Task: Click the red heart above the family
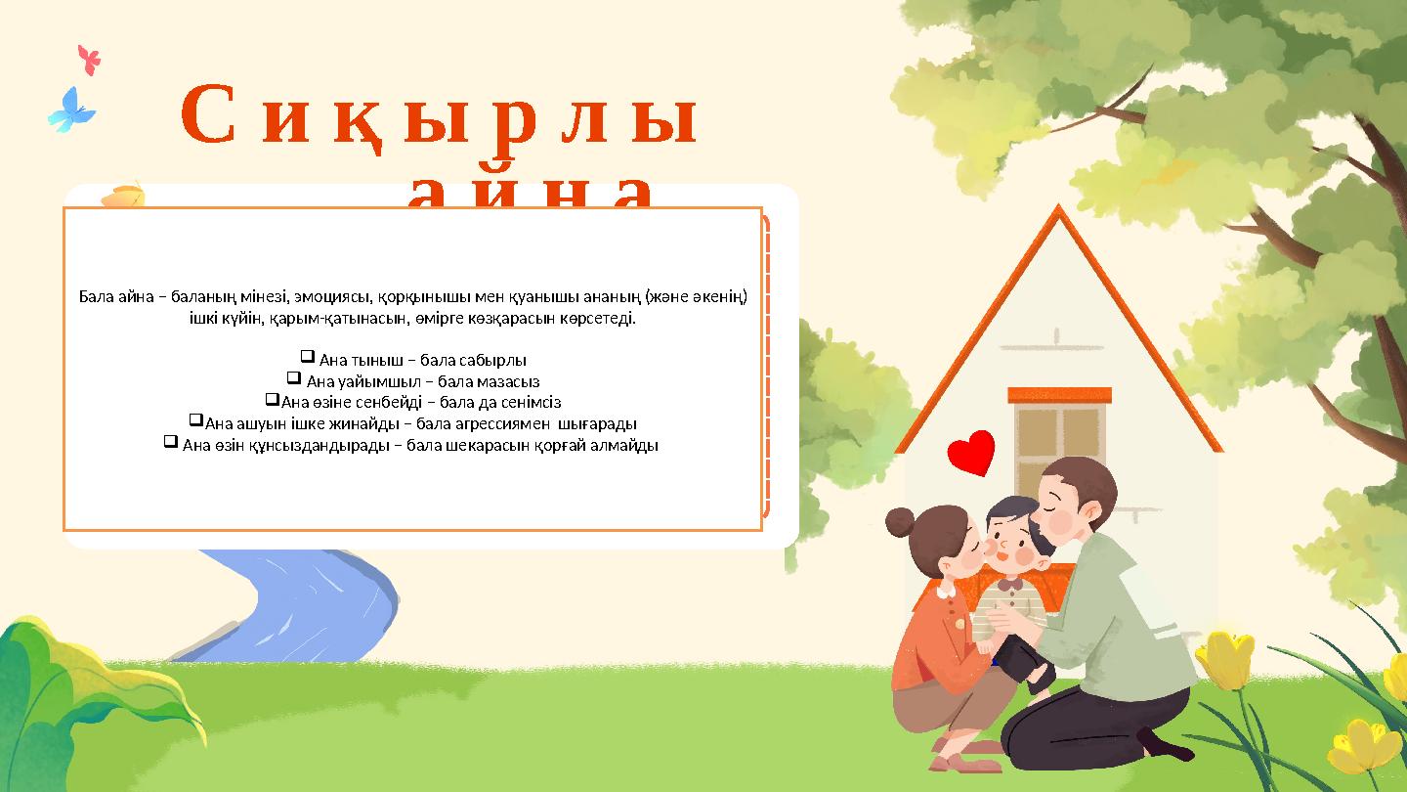[x=971, y=453]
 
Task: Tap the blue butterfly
[x=71, y=110]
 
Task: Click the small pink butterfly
[x=90, y=60]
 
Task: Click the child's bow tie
[x=1010, y=584]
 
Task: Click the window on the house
[x=1058, y=440]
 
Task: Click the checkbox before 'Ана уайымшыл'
[x=293, y=378]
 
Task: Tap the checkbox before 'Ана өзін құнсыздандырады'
[x=170, y=443]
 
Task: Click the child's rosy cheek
[x=1022, y=556]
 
